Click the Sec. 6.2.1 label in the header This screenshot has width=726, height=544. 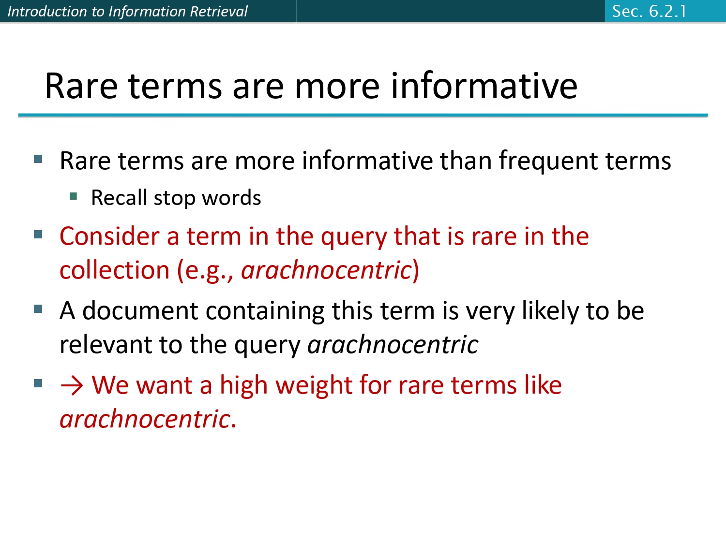pyautogui.click(x=649, y=11)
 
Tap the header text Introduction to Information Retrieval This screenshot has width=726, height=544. pyautogui.click(x=127, y=11)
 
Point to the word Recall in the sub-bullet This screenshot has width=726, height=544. pyautogui.click(x=119, y=198)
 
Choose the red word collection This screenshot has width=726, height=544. pyautogui.click(x=114, y=270)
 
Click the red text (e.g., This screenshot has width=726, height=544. pyautogui.click(x=206, y=271)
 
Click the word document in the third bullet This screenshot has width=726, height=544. pyautogui.click(x=140, y=310)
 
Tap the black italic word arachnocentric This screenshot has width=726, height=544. pyautogui.click(x=393, y=345)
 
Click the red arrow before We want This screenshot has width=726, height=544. pyautogui.click(x=72, y=386)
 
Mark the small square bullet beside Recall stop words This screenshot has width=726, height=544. pyautogui.click(x=74, y=196)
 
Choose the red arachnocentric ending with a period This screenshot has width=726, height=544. pyautogui.click(x=145, y=419)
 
